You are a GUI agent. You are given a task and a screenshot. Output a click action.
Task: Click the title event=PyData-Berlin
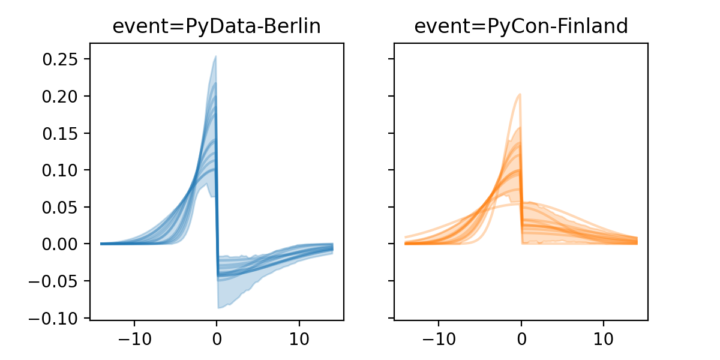coord(217,27)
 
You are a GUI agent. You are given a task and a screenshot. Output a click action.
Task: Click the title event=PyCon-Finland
coord(521,27)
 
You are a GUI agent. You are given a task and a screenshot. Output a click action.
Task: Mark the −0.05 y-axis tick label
coord(57,281)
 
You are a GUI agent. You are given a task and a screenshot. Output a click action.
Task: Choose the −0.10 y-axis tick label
coord(57,319)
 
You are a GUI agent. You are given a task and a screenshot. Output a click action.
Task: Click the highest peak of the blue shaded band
coord(215,57)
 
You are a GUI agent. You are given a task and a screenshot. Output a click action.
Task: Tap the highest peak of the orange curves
coord(520,94)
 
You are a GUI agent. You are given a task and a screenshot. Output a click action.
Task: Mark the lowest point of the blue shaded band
coord(219,308)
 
